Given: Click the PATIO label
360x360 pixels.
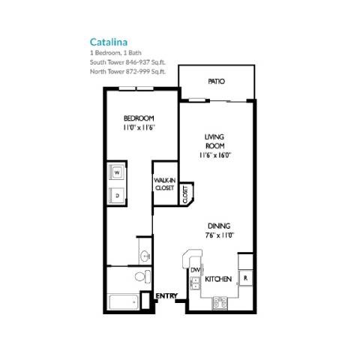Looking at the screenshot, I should pyautogui.click(x=216, y=82).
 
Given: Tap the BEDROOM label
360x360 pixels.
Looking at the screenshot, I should pyautogui.click(x=139, y=119).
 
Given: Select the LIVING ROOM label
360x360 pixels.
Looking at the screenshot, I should pyautogui.click(x=216, y=141).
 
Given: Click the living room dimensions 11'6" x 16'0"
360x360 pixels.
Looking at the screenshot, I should pyautogui.click(x=216, y=155).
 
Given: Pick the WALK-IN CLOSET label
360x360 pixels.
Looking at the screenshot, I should pyautogui.click(x=164, y=184).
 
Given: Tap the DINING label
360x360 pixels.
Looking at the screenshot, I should pyautogui.click(x=219, y=225).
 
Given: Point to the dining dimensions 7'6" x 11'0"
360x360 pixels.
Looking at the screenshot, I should pyautogui.click(x=219, y=235).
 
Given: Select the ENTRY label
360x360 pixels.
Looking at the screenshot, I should pyautogui.click(x=166, y=296).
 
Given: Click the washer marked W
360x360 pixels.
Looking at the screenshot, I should pyautogui.click(x=118, y=172).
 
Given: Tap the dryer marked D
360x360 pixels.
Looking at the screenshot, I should pyautogui.click(x=118, y=194).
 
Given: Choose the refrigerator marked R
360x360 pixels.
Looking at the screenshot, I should pyautogui.click(x=245, y=279).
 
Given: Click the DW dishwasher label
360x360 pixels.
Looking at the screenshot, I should pyautogui.click(x=194, y=270).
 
